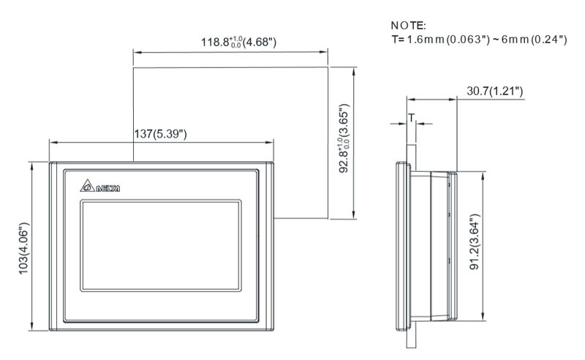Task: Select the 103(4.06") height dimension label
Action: point(24,246)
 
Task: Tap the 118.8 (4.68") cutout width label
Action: point(238,42)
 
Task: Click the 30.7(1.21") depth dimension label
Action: point(494,91)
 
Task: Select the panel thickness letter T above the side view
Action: point(411,117)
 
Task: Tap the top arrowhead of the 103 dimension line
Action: point(32,165)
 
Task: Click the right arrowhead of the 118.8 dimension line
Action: point(325,51)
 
